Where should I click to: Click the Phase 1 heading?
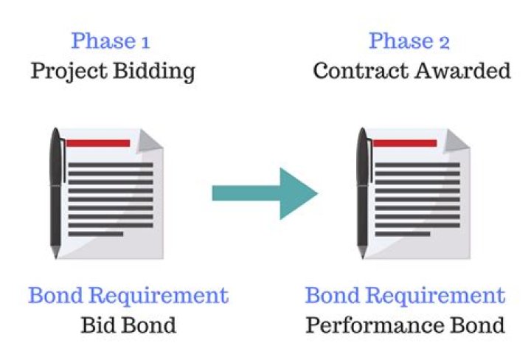tap(112, 41)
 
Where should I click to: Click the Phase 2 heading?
tap(409, 41)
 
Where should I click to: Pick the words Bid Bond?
tap(128, 325)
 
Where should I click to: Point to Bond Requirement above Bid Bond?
tap(128, 297)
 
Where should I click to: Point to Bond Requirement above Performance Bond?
tap(405, 297)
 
